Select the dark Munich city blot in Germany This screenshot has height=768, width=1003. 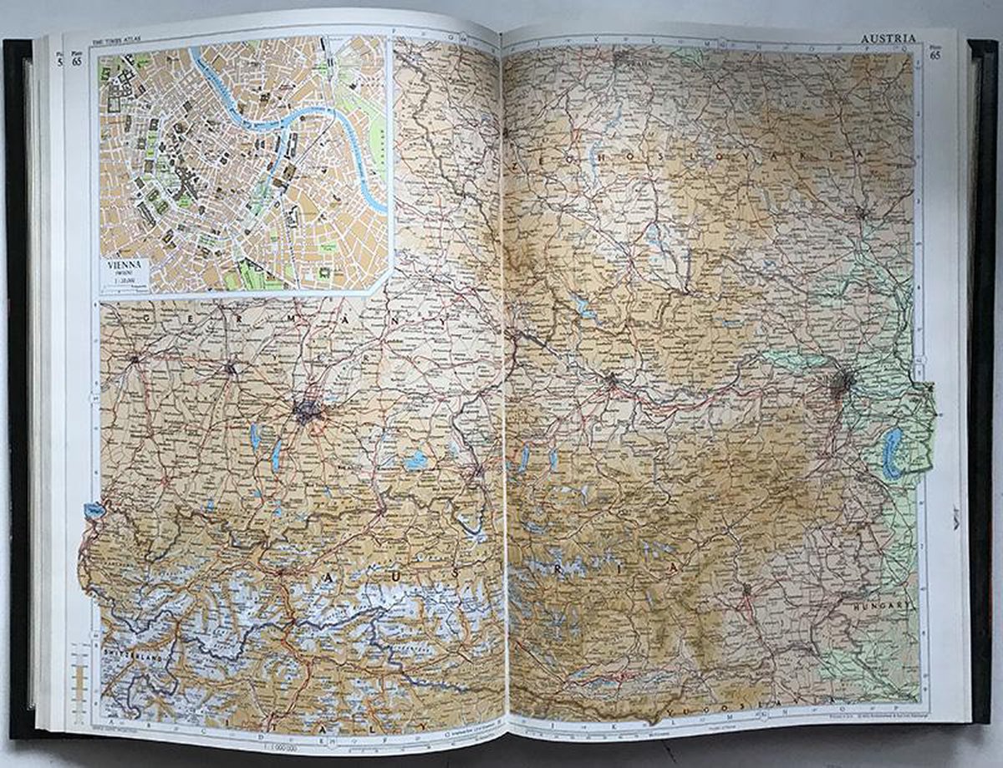tap(306, 410)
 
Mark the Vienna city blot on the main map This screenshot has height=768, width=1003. tap(843, 384)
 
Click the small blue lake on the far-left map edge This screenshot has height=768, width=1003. tap(94, 508)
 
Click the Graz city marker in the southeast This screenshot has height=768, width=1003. tap(746, 591)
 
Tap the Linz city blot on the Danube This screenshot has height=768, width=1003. tap(612, 380)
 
